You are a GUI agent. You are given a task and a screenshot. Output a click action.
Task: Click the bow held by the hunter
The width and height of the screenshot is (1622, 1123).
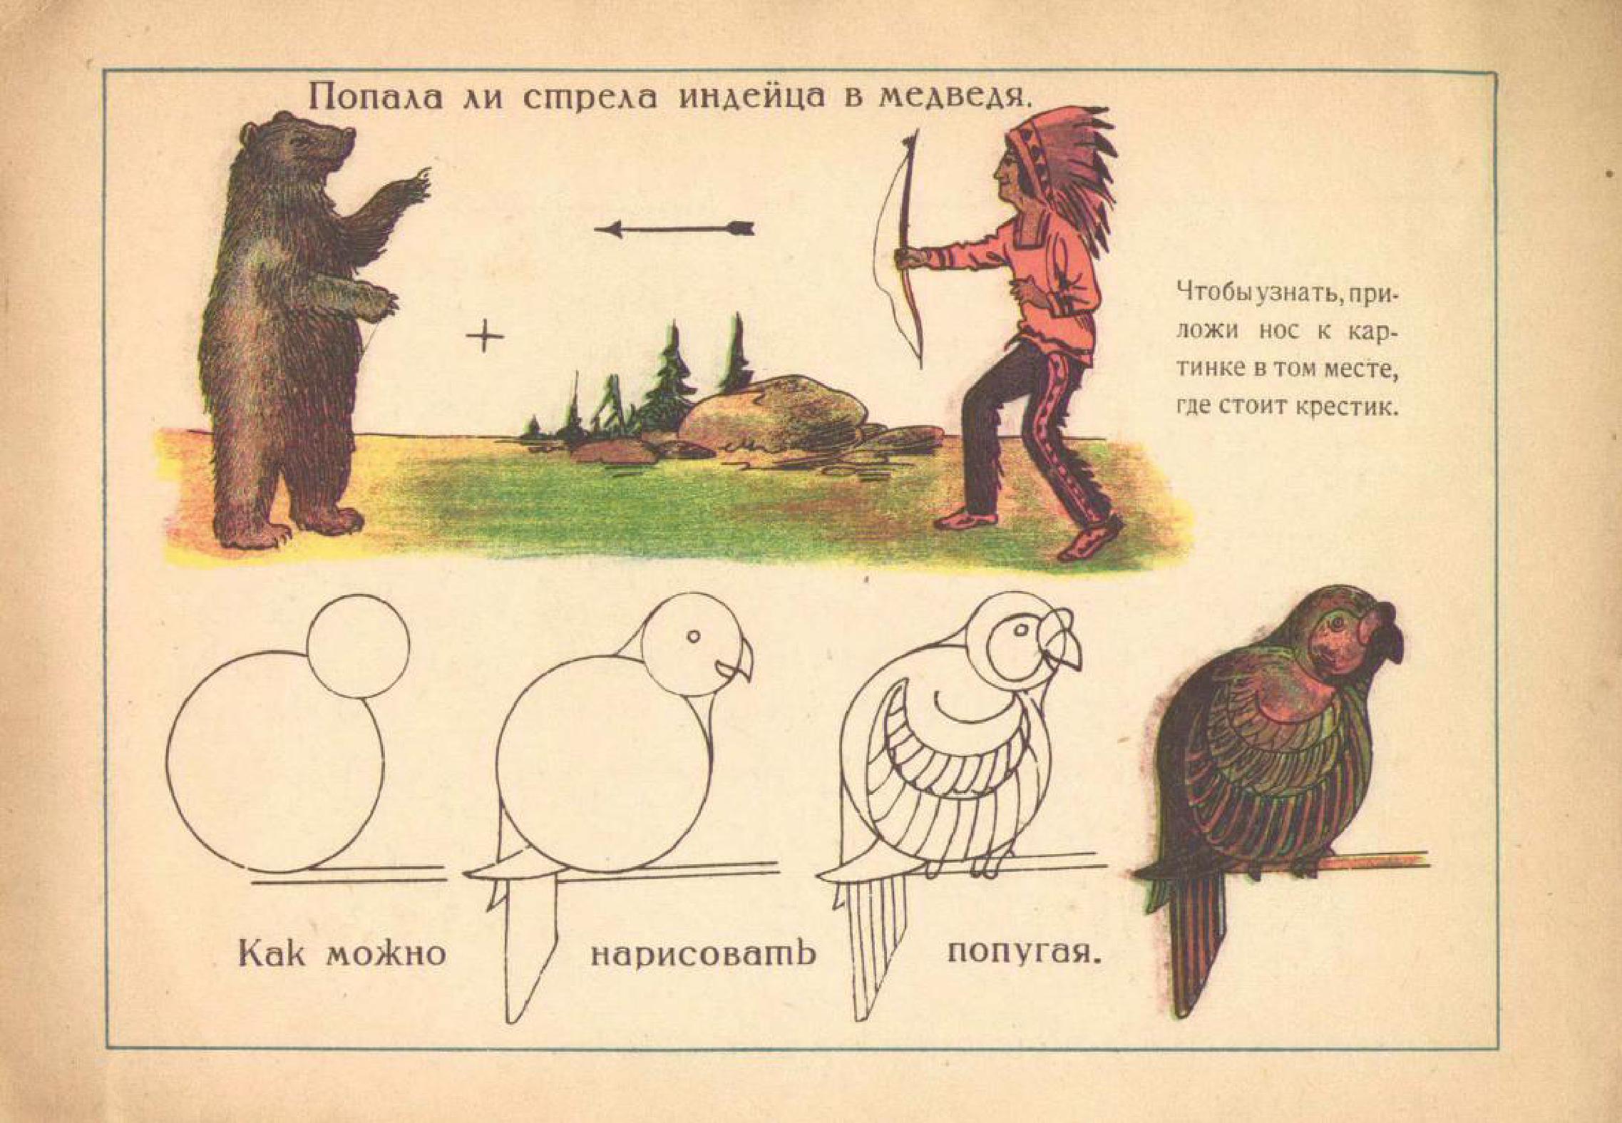click(900, 242)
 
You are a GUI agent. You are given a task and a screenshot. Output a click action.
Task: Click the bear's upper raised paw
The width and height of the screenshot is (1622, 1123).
click(414, 187)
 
